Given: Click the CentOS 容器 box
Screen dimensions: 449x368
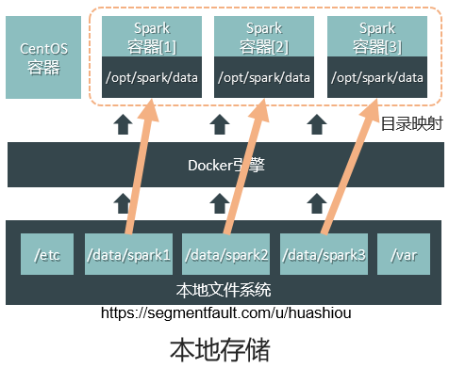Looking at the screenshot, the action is [43, 57].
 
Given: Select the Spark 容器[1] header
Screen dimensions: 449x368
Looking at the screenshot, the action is [152, 37].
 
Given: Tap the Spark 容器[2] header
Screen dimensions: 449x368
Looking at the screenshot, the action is [264, 37].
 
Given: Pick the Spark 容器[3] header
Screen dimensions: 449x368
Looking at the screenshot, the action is [377, 37].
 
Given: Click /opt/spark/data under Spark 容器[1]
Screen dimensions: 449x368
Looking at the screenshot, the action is [152, 77].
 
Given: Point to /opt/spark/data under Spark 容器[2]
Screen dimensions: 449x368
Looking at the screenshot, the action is [264, 77].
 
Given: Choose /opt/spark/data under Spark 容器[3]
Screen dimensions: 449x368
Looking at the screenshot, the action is [377, 77].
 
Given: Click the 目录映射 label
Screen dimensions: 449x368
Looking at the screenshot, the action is [412, 123].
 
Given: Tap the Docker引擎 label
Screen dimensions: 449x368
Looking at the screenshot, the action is [226, 166].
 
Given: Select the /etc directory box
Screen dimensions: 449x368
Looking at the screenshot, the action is [47, 254].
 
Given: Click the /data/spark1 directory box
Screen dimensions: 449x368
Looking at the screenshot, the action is [128, 254].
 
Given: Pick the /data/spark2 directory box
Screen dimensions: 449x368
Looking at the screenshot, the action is [225, 254].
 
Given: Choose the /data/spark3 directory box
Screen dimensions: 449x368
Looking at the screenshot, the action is [324, 254].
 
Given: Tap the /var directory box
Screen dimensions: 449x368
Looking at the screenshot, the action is [404, 254].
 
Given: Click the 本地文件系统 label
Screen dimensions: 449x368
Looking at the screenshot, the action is [224, 290].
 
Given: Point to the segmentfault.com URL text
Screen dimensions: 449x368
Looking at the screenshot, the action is [226, 312].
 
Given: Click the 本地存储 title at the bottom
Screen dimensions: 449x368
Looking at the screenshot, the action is [220, 350].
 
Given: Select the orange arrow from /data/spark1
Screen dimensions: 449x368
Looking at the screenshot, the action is [141, 167].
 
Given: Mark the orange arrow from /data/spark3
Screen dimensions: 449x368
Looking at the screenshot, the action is [350, 167].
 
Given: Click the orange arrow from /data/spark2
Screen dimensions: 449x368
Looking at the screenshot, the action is [245, 167].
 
